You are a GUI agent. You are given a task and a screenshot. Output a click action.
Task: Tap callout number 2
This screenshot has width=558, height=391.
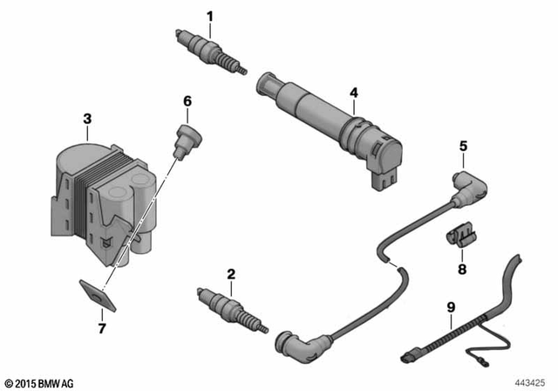tap(231, 275)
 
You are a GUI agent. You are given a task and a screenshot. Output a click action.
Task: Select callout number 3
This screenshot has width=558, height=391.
tap(87, 118)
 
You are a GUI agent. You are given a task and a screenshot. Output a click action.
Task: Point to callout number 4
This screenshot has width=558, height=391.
tap(353, 92)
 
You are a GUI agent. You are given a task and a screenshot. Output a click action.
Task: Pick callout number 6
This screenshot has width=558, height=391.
tap(187, 101)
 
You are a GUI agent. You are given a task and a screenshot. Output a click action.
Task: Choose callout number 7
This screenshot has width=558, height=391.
tap(102, 328)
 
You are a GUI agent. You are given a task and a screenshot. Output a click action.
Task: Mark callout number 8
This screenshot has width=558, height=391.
tap(462, 269)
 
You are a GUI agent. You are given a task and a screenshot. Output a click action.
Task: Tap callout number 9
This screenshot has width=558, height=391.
tap(451, 306)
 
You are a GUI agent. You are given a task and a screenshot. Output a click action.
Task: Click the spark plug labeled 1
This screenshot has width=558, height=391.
tap(212, 51)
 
